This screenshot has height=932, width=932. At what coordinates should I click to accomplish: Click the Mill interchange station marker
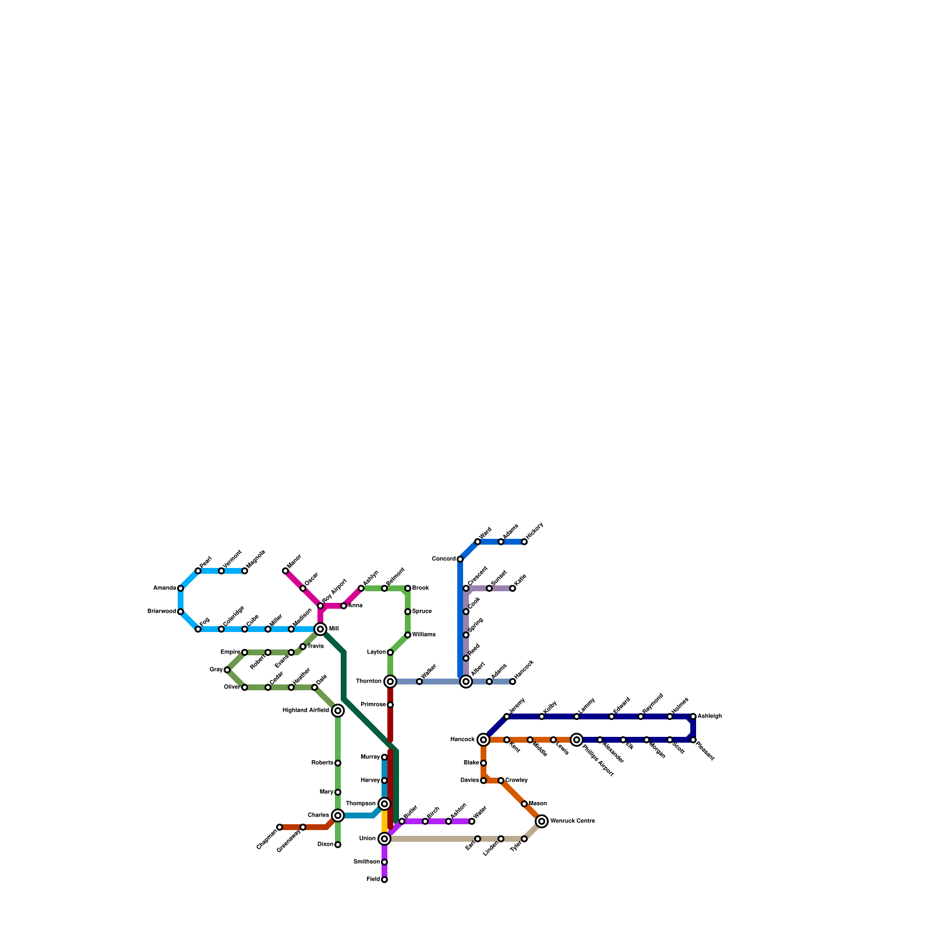tap(320, 629)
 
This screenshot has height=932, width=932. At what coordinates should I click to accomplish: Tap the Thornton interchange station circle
tap(390, 682)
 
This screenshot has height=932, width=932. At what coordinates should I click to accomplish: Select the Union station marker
tap(384, 839)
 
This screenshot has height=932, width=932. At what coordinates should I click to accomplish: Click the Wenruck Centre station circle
tap(542, 821)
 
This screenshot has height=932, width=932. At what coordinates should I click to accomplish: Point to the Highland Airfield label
tap(305, 711)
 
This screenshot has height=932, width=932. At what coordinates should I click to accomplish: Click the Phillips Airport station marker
tap(577, 740)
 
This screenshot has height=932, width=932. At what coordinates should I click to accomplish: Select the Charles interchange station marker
tap(338, 815)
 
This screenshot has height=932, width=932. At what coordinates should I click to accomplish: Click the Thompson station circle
tap(384, 804)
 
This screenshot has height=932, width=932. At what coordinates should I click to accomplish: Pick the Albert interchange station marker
tap(466, 682)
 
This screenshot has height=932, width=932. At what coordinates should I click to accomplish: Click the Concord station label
tap(443, 559)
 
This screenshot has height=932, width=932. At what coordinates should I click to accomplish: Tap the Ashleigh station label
tap(709, 716)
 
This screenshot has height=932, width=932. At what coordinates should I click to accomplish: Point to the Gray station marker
tap(227, 670)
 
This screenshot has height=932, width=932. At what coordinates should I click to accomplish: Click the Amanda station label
tap(164, 588)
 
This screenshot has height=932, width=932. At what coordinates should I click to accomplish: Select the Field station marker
tap(384, 880)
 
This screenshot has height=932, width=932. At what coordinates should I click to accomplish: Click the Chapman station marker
tap(280, 827)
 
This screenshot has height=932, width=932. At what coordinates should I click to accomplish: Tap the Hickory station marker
tap(524, 542)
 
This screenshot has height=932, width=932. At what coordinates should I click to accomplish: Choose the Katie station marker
tap(513, 588)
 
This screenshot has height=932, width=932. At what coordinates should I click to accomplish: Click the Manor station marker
tap(285, 571)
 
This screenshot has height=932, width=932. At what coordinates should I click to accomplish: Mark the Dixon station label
tap(325, 845)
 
